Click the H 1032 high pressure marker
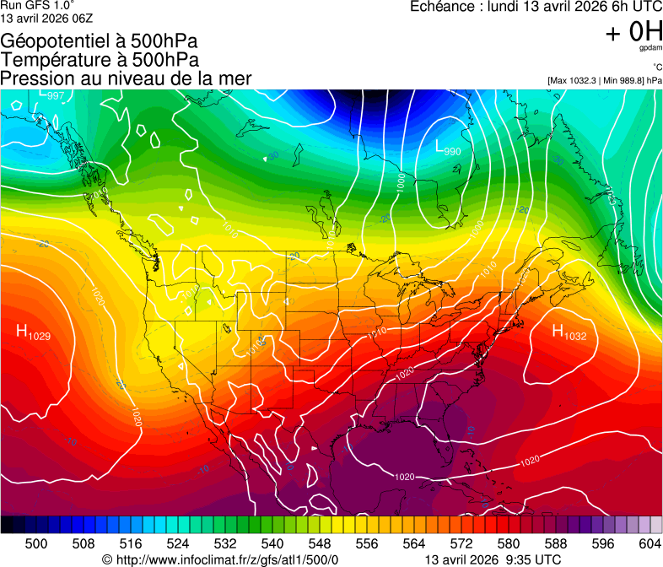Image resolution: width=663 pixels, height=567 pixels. click(569, 332)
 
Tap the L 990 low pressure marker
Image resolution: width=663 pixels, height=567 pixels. click(447, 148)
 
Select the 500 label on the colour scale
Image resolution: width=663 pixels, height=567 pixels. click(36, 544)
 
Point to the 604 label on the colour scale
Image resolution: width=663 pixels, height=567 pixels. click(650, 544)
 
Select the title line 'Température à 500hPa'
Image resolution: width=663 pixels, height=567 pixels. click(100, 59)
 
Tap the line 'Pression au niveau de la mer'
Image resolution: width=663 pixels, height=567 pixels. click(126, 78)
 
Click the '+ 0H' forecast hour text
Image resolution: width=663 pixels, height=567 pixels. click(633, 32)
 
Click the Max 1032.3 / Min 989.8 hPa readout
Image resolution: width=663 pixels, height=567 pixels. click(605, 80)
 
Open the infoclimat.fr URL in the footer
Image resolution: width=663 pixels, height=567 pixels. click(220, 559)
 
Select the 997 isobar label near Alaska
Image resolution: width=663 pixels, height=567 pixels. click(56, 95)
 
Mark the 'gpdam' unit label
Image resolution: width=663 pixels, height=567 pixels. click(650, 48)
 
